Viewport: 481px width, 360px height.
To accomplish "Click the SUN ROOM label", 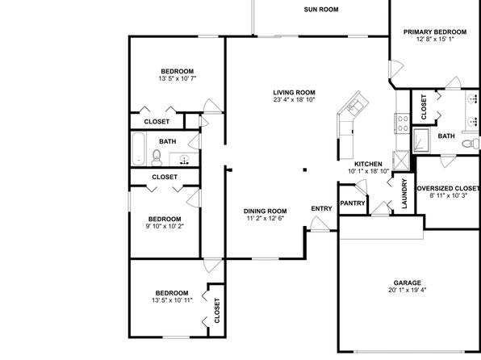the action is point(321,10).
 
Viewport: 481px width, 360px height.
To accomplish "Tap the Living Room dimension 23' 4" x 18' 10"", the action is point(295,99).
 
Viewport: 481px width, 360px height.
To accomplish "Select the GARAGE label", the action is point(408,283).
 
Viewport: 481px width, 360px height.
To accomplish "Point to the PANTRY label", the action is point(353,203).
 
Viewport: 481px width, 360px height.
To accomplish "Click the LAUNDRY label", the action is point(404,194).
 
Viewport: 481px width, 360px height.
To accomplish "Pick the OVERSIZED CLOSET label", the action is point(449,188).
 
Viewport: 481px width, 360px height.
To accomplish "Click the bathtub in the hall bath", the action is point(138,149).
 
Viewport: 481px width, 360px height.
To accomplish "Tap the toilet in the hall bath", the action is point(157,157).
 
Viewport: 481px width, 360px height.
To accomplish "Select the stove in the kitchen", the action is point(402,123).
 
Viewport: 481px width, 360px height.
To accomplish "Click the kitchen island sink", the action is point(356,105).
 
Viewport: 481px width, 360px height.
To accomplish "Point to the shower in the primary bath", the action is point(421,140).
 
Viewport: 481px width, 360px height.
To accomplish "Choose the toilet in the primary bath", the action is point(471,144).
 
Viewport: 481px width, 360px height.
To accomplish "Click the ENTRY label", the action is point(321,209).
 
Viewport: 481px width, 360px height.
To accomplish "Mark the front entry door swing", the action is point(319,223).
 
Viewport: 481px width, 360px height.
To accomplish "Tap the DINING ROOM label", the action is point(266,211).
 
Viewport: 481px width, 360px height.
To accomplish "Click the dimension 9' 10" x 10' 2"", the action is point(165,227).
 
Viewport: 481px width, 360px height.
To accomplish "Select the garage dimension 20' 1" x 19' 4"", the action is point(408,290).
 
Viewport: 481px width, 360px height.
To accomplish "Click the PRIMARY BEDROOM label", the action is point(435,32).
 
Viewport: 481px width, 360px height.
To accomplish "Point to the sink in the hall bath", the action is point(184,160).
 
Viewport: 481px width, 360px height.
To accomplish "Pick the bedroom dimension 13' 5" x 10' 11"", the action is point(172,300).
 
